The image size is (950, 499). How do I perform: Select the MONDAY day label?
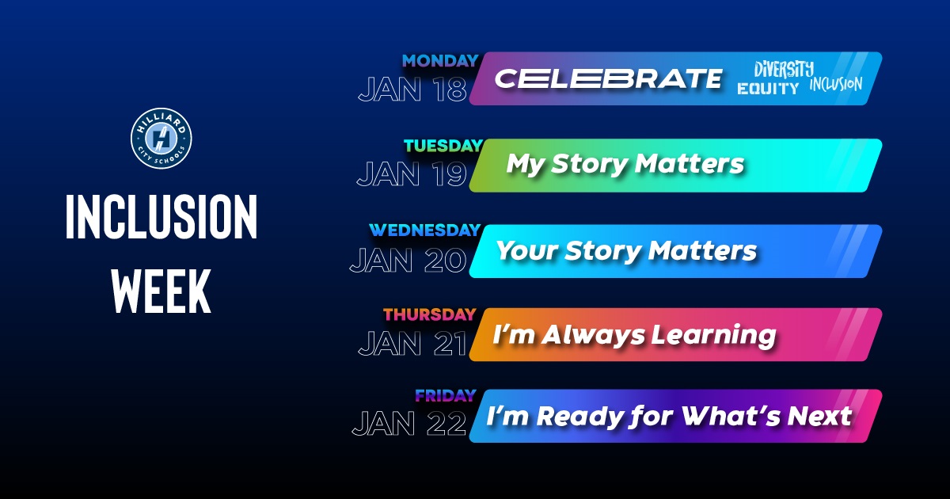pos(439,61)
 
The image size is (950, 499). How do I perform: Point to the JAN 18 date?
pos(412,90)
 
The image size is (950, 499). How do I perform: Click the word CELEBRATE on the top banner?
pos(608,78)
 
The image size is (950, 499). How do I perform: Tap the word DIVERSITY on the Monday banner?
pos(783,69)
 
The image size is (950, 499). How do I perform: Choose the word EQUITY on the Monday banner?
pos(768,89)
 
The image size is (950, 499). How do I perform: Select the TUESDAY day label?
pos(443,146)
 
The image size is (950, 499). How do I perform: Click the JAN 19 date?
pos(412,174)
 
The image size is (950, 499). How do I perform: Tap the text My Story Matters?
pos(625,165)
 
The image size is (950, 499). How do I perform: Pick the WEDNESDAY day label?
pos(424,230)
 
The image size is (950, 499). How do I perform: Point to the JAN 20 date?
pos(408,260)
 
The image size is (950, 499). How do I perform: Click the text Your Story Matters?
pos(626,251)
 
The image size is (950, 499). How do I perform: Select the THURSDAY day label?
pos(429,314)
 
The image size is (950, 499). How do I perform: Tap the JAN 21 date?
pos(412,344)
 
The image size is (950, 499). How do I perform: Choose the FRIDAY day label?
pos(445,395)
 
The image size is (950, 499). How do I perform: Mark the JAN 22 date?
pos(409,425)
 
